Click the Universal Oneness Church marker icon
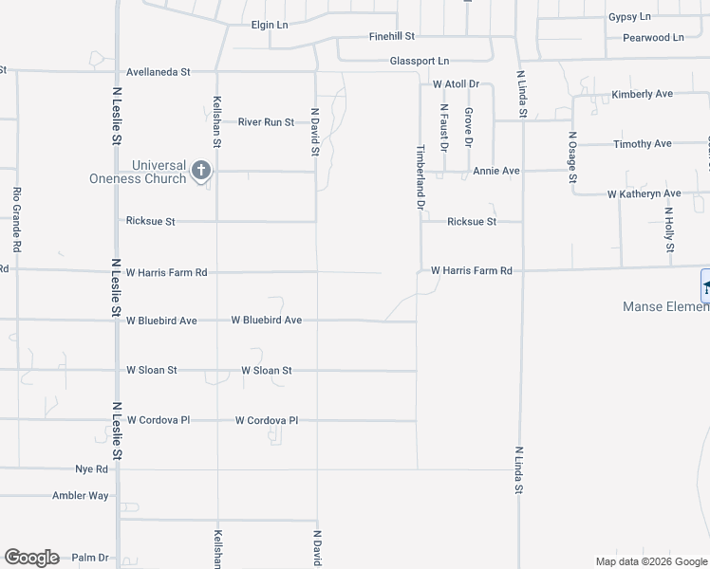tap(200, 171)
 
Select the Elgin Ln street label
tap(270, 25)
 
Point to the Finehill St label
tap(392, 36)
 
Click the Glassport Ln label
tap(419, 61)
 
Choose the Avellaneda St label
tap(159, 71)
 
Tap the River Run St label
tap(266, 121)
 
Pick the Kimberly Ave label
tap(642, 94)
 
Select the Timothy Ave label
tap(642, 144)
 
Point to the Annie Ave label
tap(495, 171)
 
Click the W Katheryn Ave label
tap(651, 193)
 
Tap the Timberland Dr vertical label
tap(420, 176)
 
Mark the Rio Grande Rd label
tap(17, 219)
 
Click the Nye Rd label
tap(86, 469)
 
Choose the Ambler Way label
tap(81, 495)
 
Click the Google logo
tap(31, 558)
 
